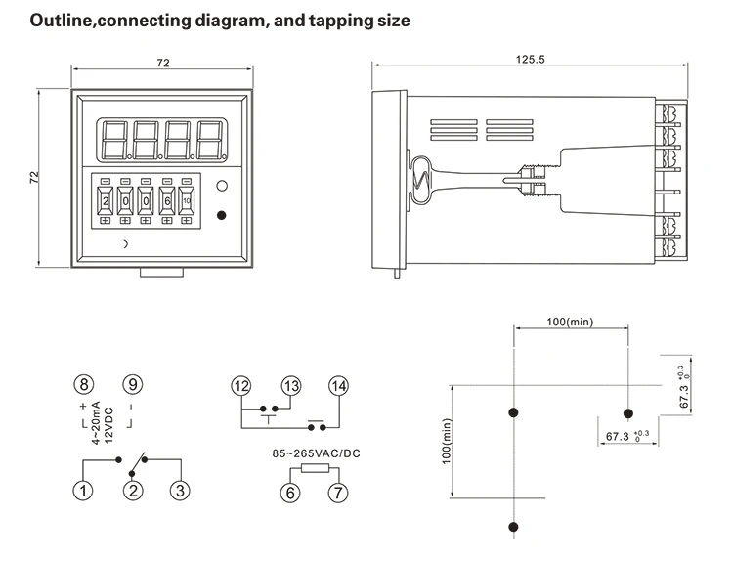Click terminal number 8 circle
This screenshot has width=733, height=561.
point(85,385)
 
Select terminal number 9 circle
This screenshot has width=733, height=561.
point(133,385)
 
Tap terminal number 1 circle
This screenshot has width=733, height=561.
point(85,492)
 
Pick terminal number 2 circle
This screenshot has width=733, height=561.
point(133,492)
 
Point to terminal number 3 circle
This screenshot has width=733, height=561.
point(179,492)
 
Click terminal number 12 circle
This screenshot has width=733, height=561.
point(241,385)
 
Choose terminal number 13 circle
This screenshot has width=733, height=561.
point(290,385)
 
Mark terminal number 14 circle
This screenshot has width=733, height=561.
point(338,385)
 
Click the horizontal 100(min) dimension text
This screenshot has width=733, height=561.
point(569,322)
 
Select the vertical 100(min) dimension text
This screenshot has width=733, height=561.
point(448,441)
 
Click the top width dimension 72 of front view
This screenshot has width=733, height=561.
point(162,63)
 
